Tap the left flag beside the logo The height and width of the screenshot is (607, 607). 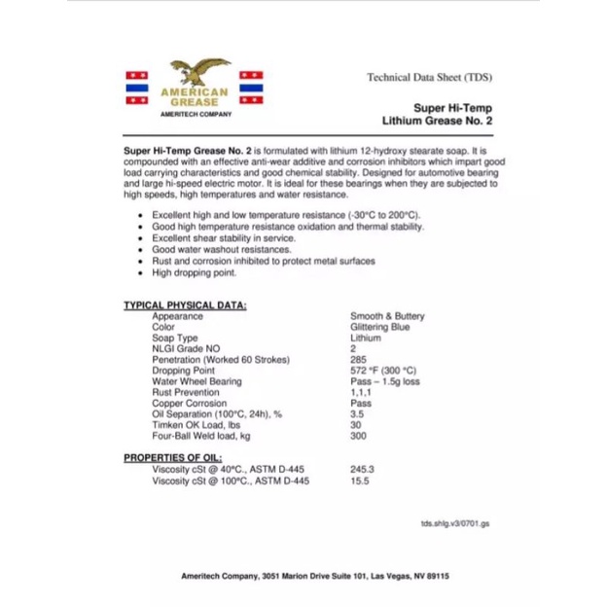(136, 87)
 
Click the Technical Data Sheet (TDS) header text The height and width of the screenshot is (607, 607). (429, 77)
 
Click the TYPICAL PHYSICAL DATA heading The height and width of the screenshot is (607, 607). (185, 305)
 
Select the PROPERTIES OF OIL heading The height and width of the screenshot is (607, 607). (172, 457)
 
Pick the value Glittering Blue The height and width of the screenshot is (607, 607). (380, 328)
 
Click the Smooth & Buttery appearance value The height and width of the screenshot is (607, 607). (387, 316)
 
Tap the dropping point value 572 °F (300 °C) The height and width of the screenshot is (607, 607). (383, 371)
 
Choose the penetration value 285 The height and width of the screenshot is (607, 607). (358, 360)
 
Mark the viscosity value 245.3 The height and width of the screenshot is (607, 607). (362, 469)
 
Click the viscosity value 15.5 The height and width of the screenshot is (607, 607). (359, 481)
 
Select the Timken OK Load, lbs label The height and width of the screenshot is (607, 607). (196, 425)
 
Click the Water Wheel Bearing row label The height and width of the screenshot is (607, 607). (196, 381)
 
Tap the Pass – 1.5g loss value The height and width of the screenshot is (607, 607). (385, 381)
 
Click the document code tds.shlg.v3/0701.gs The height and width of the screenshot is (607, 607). (455, 523)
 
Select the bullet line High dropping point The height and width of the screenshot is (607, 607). (194, 273)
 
